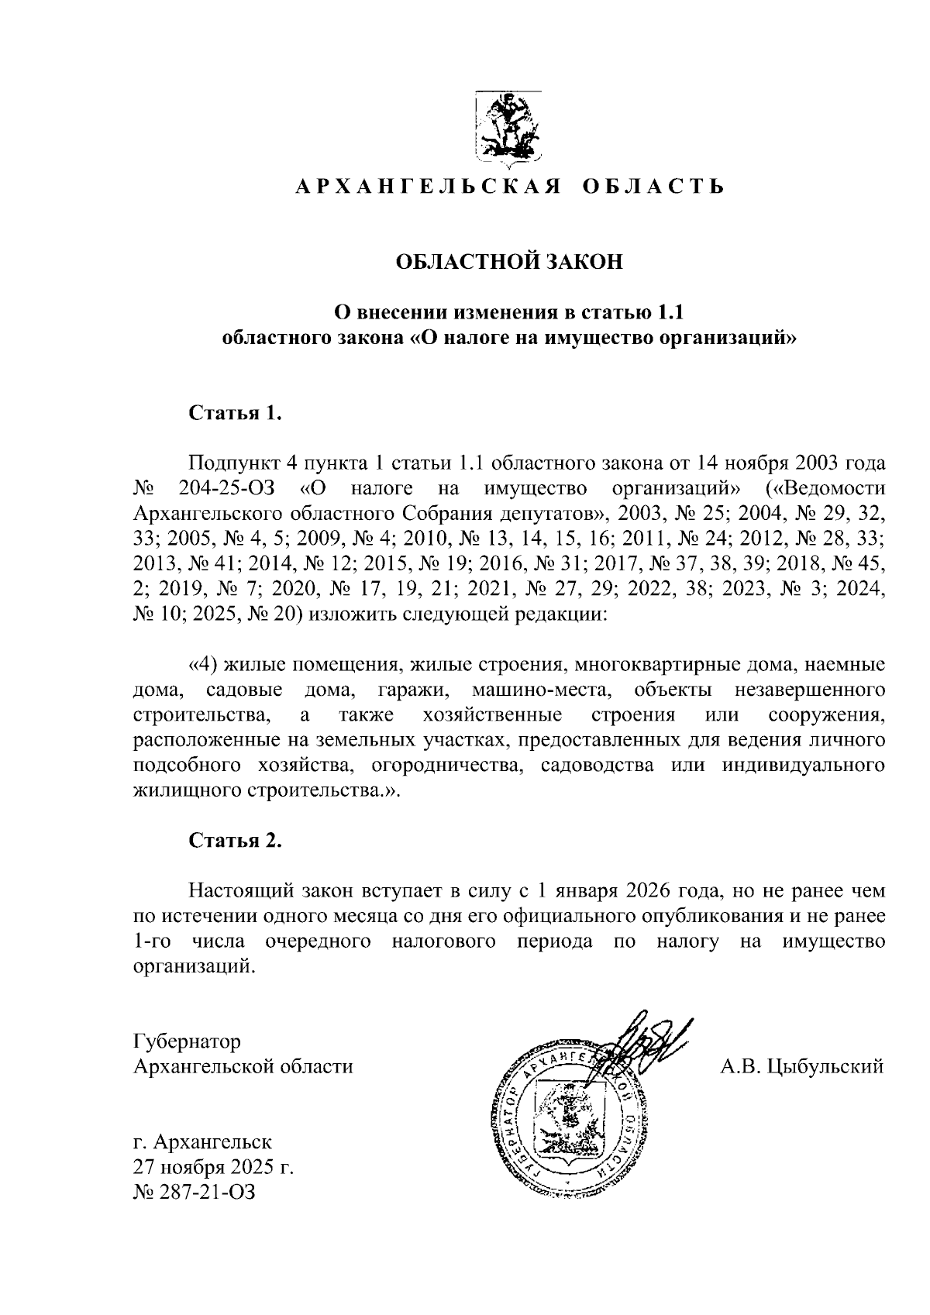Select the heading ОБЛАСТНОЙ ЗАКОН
tap(509, 262)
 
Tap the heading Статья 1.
tap(234, 412)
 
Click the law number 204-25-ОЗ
tap(227, 489)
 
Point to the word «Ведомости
tap(824, 489)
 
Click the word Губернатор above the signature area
tap(187, 1041)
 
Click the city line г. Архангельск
tap(202, 1142)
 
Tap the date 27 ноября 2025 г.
tap(214, 1167)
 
